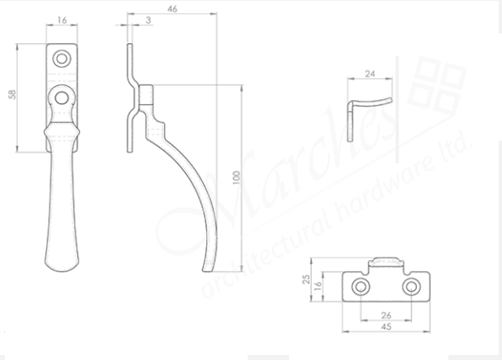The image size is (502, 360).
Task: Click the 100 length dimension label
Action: point(236,178)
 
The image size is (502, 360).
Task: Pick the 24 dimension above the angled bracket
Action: point(370,73)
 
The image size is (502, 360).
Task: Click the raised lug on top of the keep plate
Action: point(386,262)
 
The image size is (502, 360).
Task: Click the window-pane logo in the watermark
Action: point(438,85)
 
